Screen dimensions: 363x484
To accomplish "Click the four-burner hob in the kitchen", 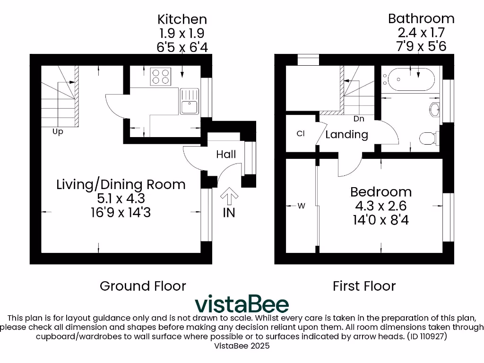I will click(x=160, y=76).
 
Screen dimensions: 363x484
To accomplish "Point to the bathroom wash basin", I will click(x=435, y=110).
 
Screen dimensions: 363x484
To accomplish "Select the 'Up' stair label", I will click(x=58, y=132).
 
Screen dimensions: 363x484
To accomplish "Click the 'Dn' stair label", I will click(x=359, y=119).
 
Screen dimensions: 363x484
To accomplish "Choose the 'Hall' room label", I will click(x=226, y=154).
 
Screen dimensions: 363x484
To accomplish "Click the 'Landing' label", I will click(x=346, y=134).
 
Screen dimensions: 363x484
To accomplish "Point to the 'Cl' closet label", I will click(x=301, y=134).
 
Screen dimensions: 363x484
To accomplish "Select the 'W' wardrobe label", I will click(x=301, y=206).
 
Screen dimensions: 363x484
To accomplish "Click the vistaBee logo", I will click(x=242, y=303).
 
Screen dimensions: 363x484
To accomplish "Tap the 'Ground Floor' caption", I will click(x=143, y=286).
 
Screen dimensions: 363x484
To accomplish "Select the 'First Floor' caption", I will click(x=364, y=286).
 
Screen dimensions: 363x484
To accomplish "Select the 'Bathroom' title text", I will click(x=421, y=18).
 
